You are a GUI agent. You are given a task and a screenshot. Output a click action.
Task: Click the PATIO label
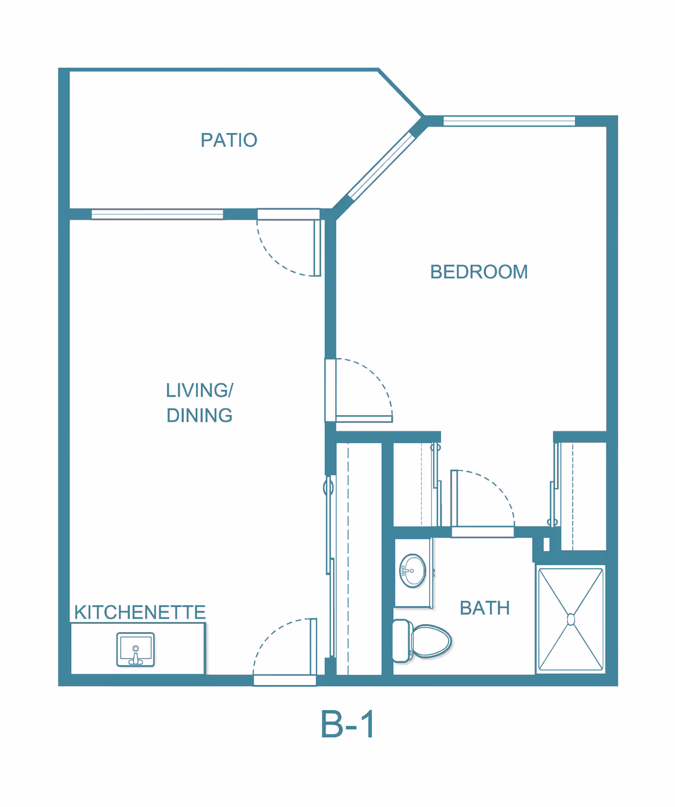click(x=229, y=140)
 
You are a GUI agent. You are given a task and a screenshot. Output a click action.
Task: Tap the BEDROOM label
click(x=479, y=272)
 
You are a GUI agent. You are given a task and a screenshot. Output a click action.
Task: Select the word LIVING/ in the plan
click(x=200, y=390)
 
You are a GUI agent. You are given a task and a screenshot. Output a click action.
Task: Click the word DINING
click(x=200, y=416)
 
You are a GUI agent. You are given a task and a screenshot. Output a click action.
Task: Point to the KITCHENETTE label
click(x=140, y=612)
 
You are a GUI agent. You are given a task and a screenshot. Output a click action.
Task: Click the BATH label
click(x=485, y=608)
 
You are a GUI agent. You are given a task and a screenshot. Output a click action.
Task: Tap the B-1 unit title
click(x=347, y=724)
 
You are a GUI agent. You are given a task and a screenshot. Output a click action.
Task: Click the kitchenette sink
click(x=136, y=650)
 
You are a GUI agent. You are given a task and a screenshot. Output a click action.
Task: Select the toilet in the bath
click(x=422, y=641)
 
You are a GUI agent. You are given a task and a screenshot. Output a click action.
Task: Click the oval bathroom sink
click(x=412, y=571)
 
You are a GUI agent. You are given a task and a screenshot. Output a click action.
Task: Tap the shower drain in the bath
click(x=571, y=620)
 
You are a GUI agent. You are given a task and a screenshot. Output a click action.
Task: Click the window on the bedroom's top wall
click(x=509, y=121)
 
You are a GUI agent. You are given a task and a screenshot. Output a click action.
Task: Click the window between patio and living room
click(x=157, y=214)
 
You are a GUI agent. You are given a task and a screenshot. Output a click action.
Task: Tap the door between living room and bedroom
click(x=359, y=390)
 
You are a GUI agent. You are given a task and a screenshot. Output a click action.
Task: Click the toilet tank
click(x=402, y=641)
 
